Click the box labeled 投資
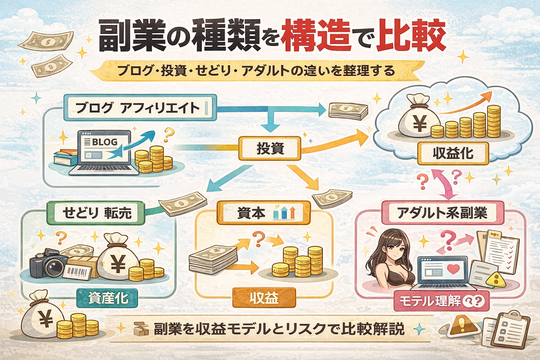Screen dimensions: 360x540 tap(270, 148)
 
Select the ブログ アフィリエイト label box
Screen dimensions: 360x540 tap(139, 107)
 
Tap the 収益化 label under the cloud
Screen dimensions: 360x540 tap(453, 153)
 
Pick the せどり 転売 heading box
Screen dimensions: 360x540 tap(96, 213)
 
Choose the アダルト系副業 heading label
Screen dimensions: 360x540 tap(442, 213)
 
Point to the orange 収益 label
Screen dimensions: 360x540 tap(264, 298)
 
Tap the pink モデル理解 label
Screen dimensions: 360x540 tap(442, 301)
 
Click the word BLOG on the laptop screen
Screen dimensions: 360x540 tap(104, 142)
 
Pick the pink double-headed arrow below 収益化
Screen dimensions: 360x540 tap(444, 184)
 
